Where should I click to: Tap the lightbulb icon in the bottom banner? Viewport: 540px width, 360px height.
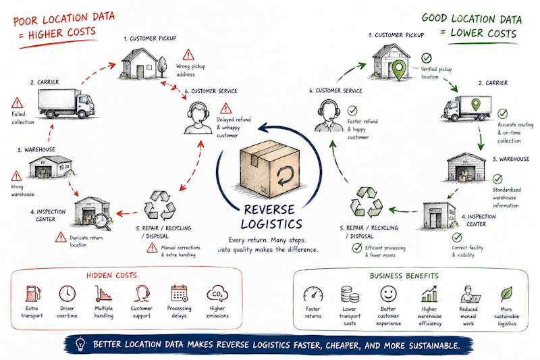(80, 344)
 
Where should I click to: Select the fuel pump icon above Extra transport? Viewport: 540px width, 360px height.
(32, 294)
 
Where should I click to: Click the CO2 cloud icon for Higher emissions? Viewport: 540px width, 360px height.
(217, 294)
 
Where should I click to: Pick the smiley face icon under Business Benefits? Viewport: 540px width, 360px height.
(389, 294)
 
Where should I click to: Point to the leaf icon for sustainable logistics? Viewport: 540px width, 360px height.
(506, 294)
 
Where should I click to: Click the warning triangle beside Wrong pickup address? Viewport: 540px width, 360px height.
(188, 55)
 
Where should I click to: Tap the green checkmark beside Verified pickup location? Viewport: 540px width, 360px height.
(427, 58)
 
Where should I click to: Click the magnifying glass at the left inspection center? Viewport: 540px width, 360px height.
(103, 221)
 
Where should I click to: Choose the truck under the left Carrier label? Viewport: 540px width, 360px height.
(66, 103)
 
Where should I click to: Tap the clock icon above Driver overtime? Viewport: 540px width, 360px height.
(67, 294)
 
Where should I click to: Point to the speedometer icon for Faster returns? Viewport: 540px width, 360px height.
(313, 294)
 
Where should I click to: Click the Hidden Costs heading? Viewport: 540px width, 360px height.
(111, 276)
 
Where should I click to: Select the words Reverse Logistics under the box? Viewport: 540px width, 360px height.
(272, 217)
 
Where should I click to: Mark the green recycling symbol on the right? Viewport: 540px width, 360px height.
(366, 202)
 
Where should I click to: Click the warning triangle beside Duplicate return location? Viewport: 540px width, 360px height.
(61, 237)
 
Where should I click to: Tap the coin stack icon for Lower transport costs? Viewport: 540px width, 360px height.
(350, 294)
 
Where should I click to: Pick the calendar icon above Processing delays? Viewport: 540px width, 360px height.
(179, 294)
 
